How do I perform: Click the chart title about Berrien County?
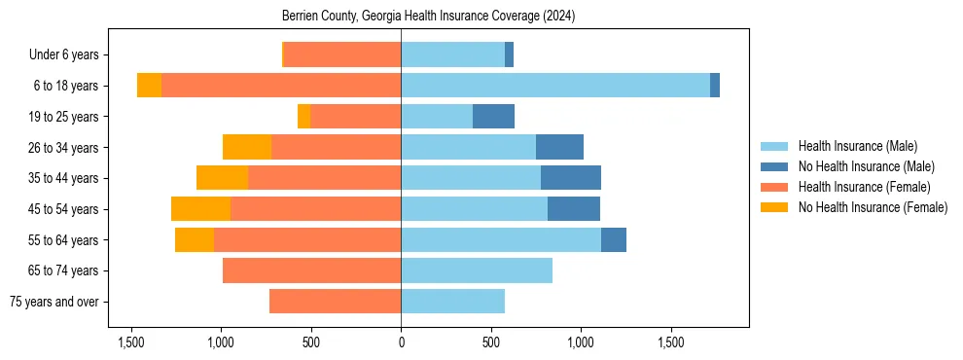pyautogui.click(x=428, y=17)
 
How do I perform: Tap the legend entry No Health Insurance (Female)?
pyautogui.click(x=873, y=207)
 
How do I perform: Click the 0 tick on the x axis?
pyautogui.click(x=401, y=342)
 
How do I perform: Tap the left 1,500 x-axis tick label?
pyautogui.click(x=131, y=342)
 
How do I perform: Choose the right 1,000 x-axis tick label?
pyautogui.click(x=581, y=342)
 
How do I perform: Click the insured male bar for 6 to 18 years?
pyautogui.click(x=554, y=86)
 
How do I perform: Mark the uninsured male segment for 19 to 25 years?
pyautogui.click(x=493, y=117)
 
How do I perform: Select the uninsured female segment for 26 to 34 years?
pyautogui.click(x=247, y=147)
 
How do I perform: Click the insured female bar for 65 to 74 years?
pyautogui.click(x=311, y=270)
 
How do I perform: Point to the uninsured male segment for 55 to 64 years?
pyautogui.click(x=614, y=239)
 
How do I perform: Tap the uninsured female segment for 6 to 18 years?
pyautogui.click(x=149, y=86)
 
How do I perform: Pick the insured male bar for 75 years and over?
pyautogui.click(x=452, y=302)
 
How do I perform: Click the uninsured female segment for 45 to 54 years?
pyautogui.click(x=200, y=209)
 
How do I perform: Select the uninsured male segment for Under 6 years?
pyautogui.click(x=509, y=55)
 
